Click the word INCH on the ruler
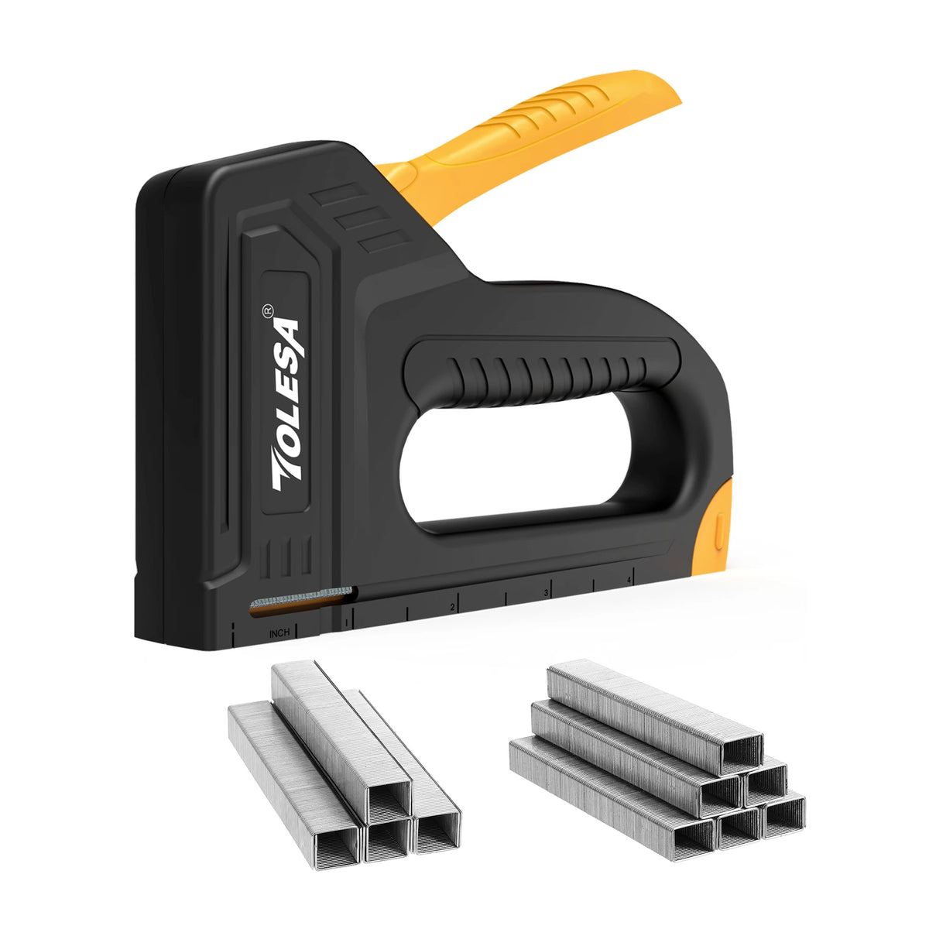[x=279, y=633]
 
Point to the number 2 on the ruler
[x=451, y=607]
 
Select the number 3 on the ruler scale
[x=547, y=593]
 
